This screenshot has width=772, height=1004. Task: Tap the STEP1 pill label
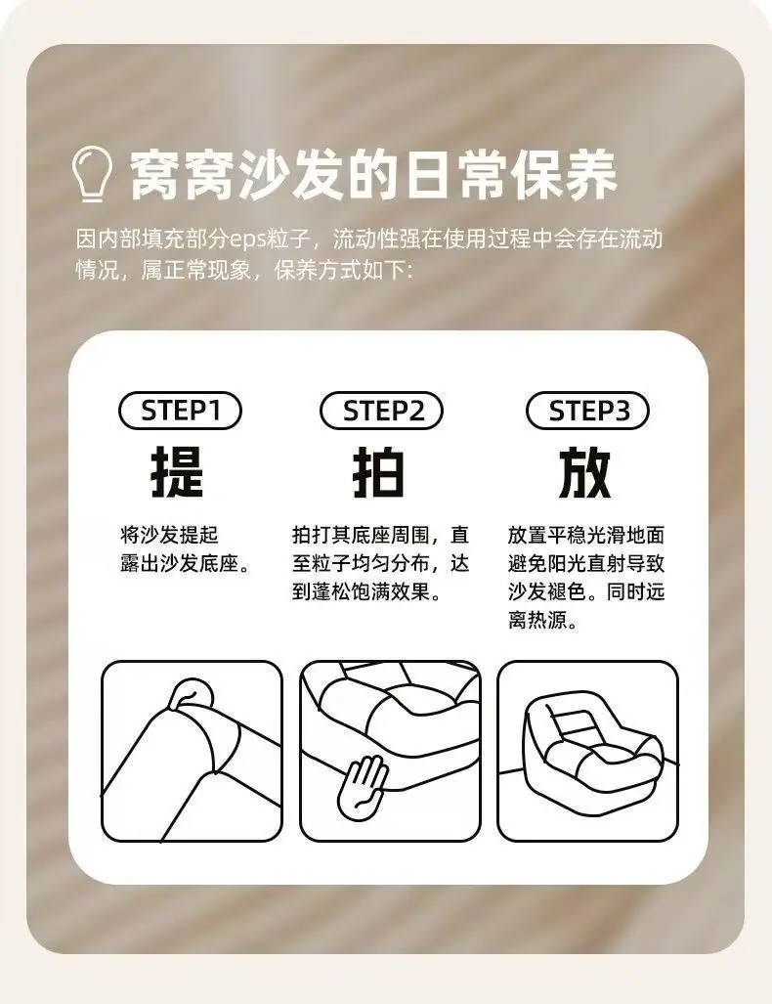coord(180,411)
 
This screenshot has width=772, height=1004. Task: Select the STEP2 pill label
coord(382,411)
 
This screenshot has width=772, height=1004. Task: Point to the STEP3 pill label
coord(587,411)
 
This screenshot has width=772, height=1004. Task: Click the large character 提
coord(177,472)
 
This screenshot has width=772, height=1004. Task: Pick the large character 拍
coord(379,472)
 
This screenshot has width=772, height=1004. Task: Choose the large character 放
coord(584,472)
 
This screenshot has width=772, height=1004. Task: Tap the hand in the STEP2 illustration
coord(363,787)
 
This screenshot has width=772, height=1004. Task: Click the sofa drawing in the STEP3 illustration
coord(592,743)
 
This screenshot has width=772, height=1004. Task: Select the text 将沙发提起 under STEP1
coord(170,535)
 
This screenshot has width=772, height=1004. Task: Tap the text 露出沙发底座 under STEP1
coord(179,563)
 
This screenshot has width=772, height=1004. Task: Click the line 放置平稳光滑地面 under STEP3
coord(586,535)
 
